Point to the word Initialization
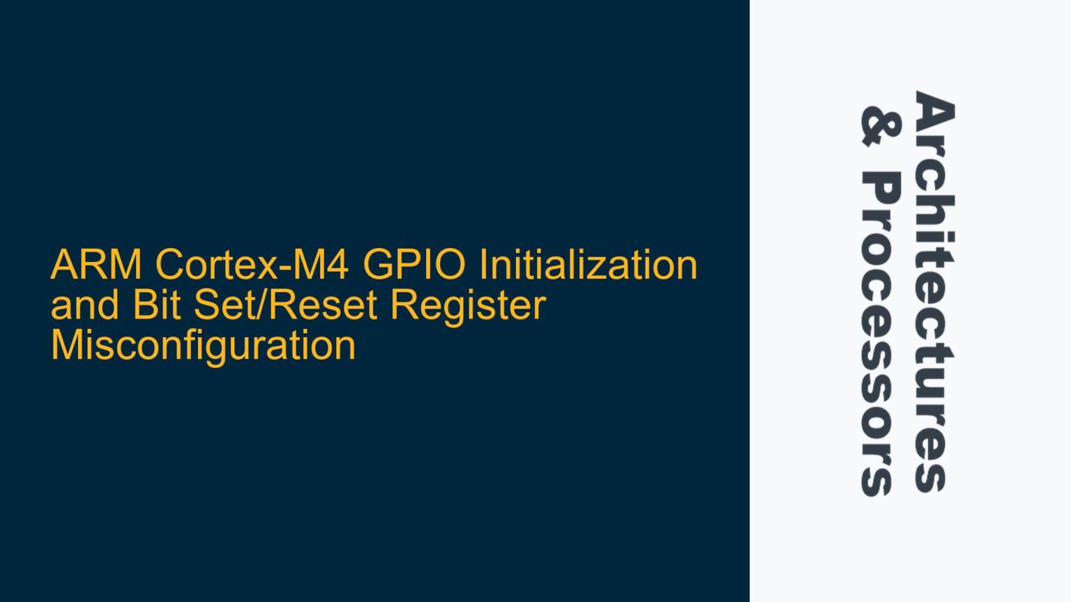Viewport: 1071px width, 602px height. (588, 265)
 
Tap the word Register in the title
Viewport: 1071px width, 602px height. (467, 307)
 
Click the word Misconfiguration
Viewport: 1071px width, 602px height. (203, 346)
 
